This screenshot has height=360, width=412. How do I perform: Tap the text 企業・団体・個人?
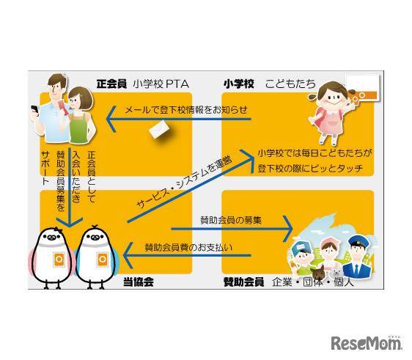pos(312,282)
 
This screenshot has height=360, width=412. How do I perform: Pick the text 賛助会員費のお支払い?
pos(188,246)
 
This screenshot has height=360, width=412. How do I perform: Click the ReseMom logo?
pos(367,342)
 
